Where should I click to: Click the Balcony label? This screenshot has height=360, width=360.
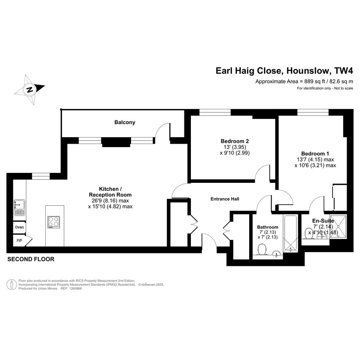point(125,122)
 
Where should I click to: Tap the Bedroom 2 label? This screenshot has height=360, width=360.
point(235,141)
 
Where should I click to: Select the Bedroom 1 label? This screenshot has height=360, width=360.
point(315,154)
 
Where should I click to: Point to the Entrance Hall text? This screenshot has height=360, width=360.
point(225,199)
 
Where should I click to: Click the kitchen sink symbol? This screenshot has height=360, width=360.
point(19,208)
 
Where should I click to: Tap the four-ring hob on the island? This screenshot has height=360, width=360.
point(54,222)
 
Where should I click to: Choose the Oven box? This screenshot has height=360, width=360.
point(19,227)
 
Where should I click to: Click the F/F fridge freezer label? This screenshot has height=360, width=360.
point(19,241)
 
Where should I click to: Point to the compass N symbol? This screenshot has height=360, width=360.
point(30,90)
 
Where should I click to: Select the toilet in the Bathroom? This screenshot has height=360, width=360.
point(262,250)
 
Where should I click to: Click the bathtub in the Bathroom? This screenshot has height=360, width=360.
point(291,234)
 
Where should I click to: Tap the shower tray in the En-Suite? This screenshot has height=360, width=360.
point(338,226)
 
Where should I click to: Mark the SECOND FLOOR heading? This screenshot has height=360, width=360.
point(31,259)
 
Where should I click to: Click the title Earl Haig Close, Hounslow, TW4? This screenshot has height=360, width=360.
point(284,71)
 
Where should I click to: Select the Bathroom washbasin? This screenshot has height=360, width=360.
point(277,254)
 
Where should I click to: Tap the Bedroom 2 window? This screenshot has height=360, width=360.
point(215,112)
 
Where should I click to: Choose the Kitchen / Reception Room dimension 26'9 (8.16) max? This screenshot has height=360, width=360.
point(110,201)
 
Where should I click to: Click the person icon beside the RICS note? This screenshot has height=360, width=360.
point(12,285)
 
